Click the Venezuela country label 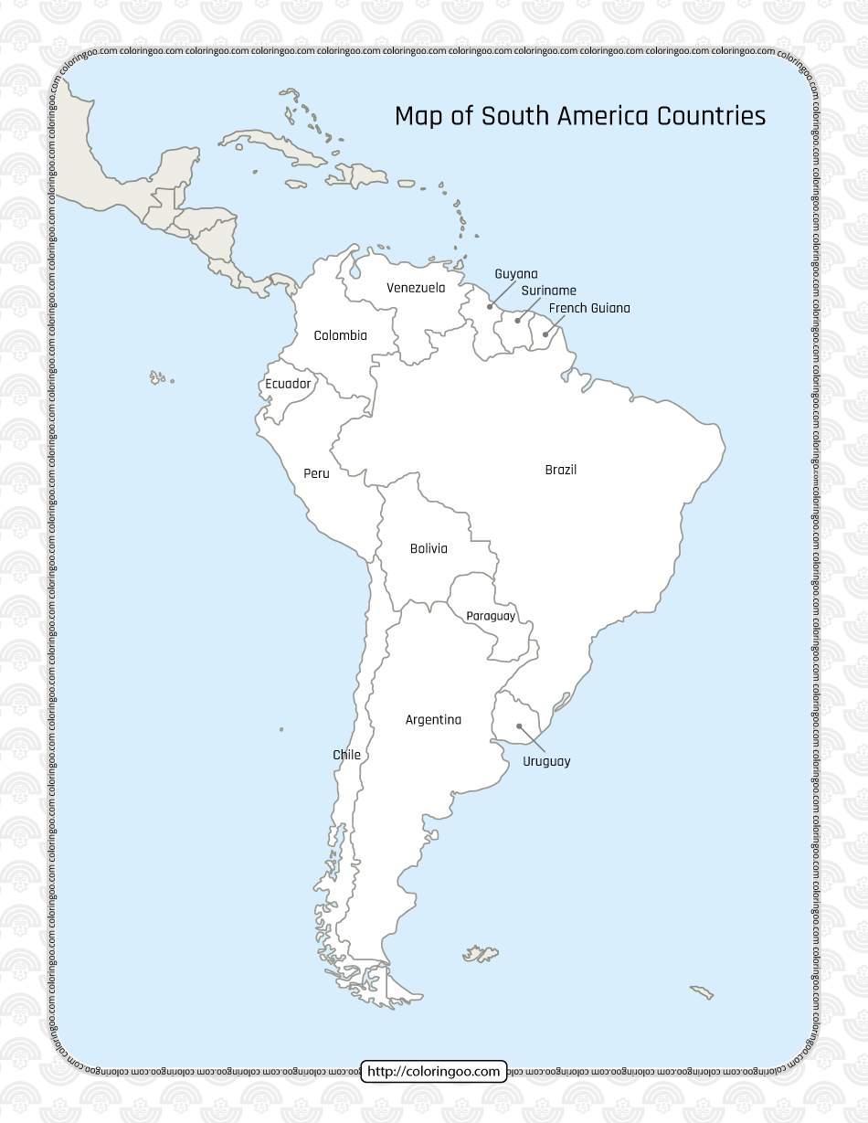(x=416, y=288)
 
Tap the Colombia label (x=340, y=335)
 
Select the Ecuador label (x=288, y=384)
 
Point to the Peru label (x=316, y=473)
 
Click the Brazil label (x=560, y=470)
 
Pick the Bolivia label (x=429, y=548)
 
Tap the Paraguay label (x=491, y=616)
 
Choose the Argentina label (x=433, y=720)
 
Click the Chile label (x=346, y=755)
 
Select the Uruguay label (x=546, y=761)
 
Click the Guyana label (x=516, y=274)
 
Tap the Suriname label (x=548, y=291)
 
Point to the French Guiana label (x=589, y=308)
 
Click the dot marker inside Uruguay (x=518, y=726)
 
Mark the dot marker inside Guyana (x=490, y=307)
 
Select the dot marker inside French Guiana (x=545, y=334)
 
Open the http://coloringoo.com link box (x=434, y=1071)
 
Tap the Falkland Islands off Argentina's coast (x=481, y=953)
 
